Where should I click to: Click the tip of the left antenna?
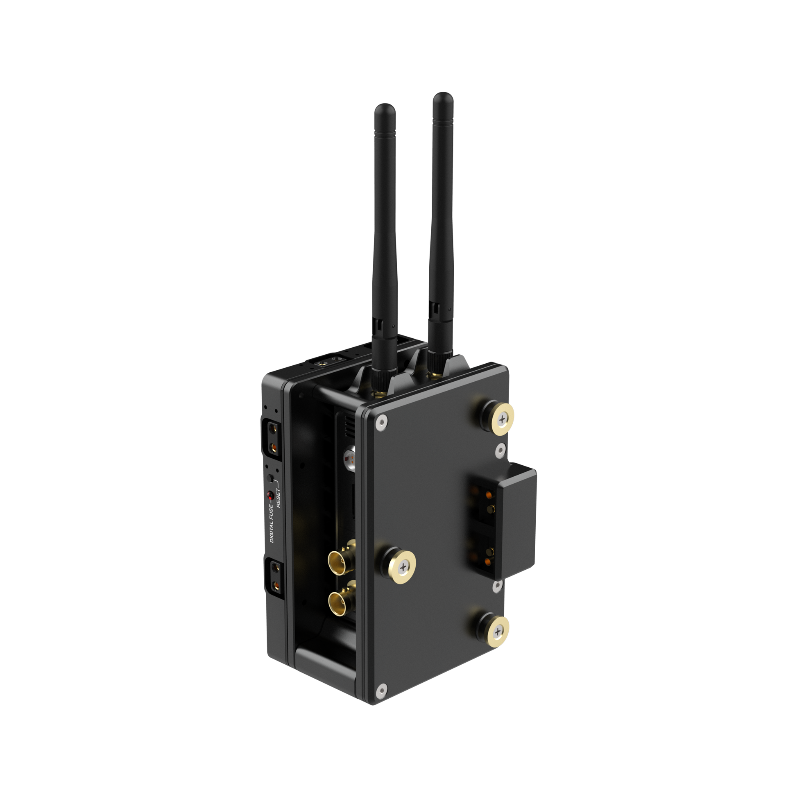[385, 104]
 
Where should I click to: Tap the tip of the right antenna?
[443, 93]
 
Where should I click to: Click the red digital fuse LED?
[271, 495]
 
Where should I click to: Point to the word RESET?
[279, 498]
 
